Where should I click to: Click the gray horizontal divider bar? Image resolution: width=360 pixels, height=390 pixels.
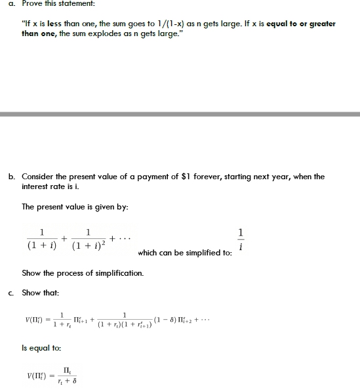pyautogui.click(x=180, y=114)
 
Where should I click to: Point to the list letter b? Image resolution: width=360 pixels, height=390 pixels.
pyautogui.click(x=12, y=177)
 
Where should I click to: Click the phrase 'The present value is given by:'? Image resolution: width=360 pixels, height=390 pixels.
pyautogui.click(x=74, y=207)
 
